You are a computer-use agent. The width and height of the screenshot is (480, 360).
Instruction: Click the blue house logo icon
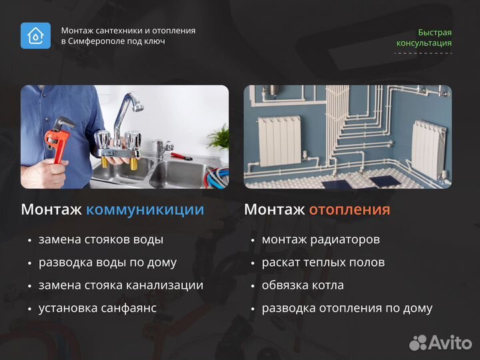click(35, 35)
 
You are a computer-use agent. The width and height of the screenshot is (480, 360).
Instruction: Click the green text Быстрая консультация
click(424, 38)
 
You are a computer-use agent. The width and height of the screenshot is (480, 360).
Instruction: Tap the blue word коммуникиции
click(145, 209)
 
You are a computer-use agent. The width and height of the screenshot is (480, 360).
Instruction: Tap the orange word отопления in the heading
click(349, 209)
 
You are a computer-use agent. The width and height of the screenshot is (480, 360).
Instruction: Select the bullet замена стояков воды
click(101, 239)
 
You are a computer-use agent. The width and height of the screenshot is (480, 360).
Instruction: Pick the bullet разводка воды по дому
click(107, 262)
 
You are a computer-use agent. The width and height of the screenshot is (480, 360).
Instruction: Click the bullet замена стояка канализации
click(121, 285)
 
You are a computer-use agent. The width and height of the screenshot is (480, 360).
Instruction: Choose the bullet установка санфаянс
click(97, 308)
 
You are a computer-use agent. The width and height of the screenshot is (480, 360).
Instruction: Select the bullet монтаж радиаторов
click(321, 239)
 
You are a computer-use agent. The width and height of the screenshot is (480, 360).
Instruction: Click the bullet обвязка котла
click(303, 285)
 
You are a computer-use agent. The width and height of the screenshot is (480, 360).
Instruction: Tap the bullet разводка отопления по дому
click(347, 308)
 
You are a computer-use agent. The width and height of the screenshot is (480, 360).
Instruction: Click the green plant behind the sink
click(219, 137)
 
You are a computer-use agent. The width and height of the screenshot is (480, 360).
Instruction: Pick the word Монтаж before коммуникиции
click(51, 209)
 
